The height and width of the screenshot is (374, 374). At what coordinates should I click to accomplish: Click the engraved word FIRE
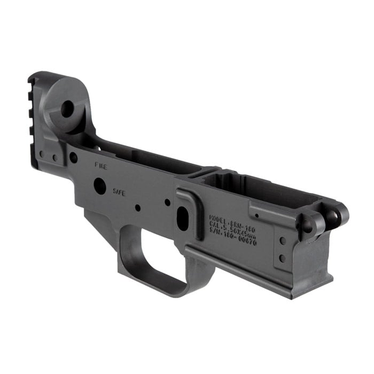[100, 167]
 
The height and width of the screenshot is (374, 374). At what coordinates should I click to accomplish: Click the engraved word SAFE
[119, 191]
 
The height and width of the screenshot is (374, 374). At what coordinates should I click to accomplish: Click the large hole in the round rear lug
[67, 110]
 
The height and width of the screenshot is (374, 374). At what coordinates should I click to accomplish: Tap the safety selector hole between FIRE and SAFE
[100, 186]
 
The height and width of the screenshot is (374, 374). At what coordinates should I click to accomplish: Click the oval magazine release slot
[183, 219]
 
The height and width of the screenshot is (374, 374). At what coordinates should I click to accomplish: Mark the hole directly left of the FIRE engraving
[73, 158]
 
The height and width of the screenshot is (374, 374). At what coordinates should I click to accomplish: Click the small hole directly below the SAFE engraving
[137, 207]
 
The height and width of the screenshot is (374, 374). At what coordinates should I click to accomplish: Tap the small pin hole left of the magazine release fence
[168, 202]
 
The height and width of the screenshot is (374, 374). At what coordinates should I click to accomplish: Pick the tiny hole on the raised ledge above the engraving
[257, 216]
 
